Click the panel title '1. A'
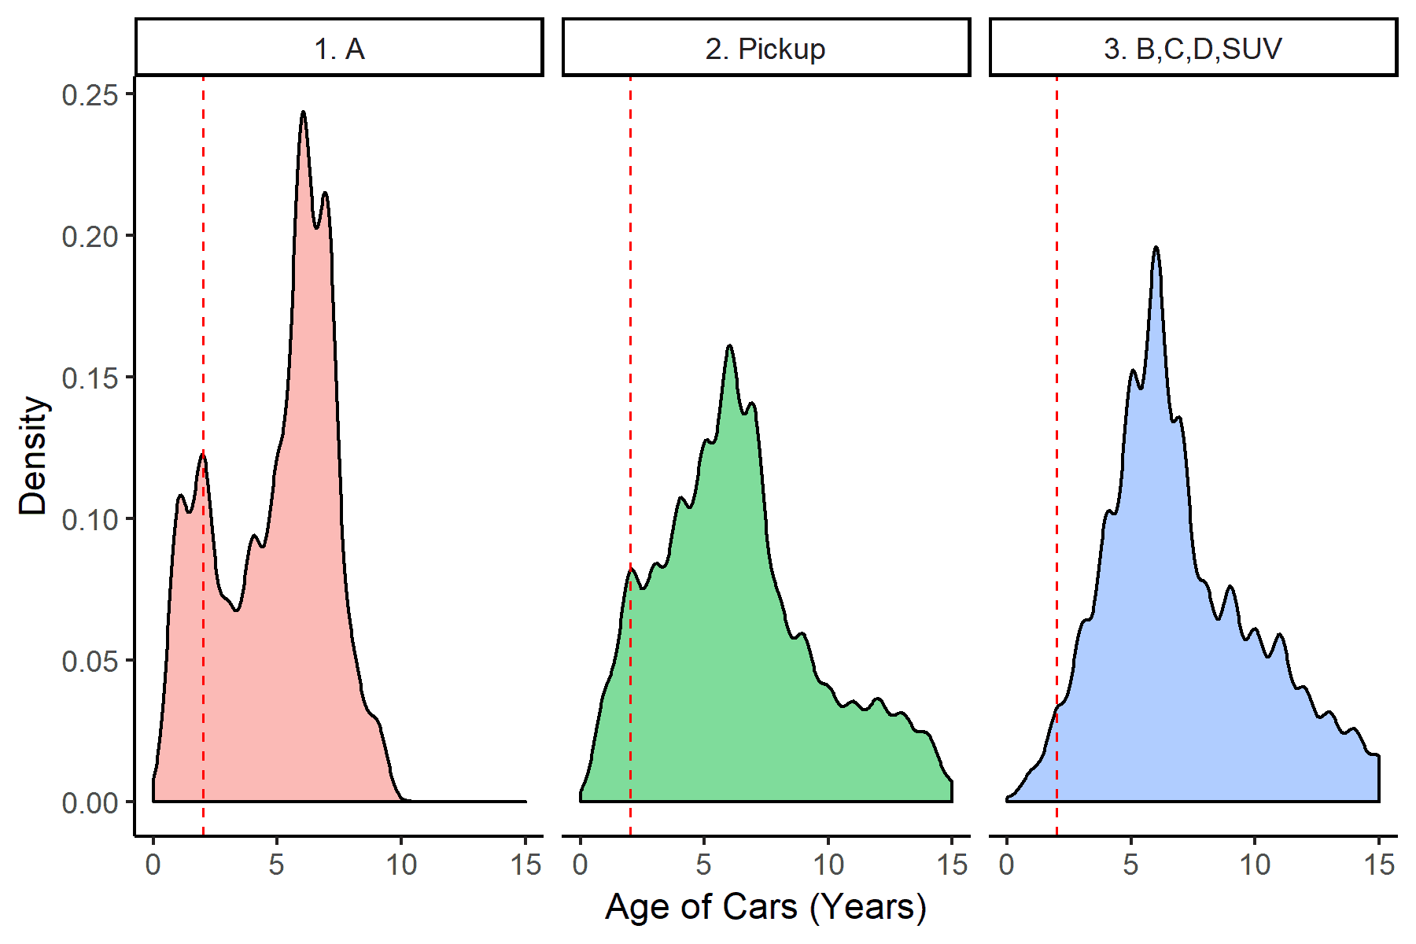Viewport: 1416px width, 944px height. tap(339, 49)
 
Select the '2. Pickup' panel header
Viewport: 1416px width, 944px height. tap(765, 49)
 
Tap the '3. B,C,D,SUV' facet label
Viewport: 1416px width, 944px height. tap(1193, 49)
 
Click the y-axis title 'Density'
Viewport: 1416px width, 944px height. tap(33, 455)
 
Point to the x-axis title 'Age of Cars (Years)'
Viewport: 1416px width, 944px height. tap(765, 906)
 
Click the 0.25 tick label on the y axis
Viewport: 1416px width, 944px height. tap(90, 95)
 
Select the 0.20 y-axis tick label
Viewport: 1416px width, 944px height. tap(90, 236)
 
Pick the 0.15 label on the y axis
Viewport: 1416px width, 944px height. tap(90, 378)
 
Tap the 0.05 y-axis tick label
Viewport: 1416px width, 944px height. tap(90, 661)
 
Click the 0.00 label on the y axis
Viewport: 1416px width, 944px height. tap(90, 802)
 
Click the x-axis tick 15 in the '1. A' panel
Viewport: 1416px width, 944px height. tap(525, 865)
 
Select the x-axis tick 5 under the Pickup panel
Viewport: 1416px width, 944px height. tap(703, 865)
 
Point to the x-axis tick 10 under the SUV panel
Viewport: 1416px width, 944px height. tap(1255, 865)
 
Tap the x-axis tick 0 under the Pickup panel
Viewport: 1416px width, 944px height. tap(580, 865)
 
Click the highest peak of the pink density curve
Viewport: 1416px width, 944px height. tap(303, 112)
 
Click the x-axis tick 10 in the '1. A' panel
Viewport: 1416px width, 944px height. tap(401, 865)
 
